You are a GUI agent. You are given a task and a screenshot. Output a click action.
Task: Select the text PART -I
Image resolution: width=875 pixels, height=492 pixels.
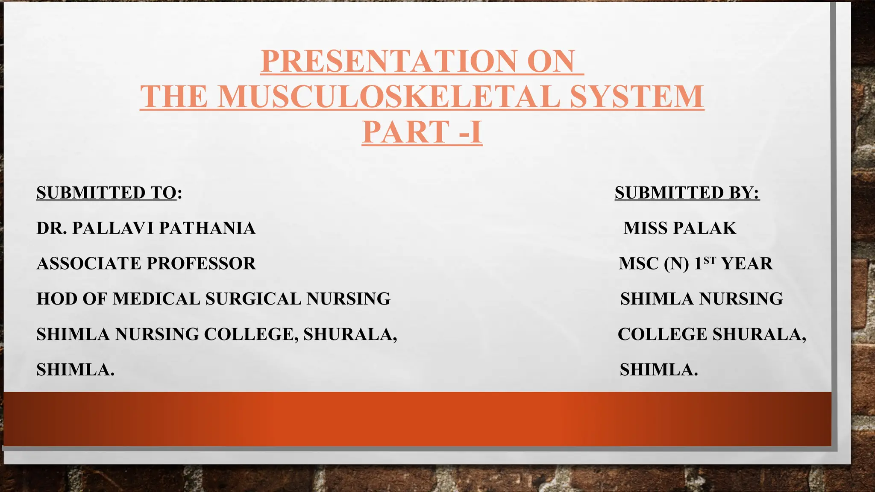(x=422, y=132)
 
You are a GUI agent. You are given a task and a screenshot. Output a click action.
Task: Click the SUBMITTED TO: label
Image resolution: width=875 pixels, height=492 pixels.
(x=109, y=193)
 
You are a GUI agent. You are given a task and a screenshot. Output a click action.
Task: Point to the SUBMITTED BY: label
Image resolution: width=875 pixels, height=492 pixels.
(x=687, y=193)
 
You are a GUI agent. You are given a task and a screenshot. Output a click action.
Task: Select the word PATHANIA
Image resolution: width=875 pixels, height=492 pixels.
(x=207, y=228)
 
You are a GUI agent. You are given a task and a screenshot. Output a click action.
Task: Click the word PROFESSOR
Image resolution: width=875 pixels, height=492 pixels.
(x=201, y=264)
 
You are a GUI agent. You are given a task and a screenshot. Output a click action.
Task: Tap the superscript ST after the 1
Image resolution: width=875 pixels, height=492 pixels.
(x=710, y=260)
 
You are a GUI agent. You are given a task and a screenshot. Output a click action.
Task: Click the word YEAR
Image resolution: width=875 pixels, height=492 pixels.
(x=747, y=264)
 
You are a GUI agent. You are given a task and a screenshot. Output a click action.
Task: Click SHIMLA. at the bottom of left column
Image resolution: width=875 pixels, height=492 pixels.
(x=76, y=369)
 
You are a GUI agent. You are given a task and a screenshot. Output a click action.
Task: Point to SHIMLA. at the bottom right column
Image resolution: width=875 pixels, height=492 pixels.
(x=659, y=369)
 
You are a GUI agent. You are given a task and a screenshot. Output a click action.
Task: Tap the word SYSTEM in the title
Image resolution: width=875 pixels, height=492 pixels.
(x=637, y=97)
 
